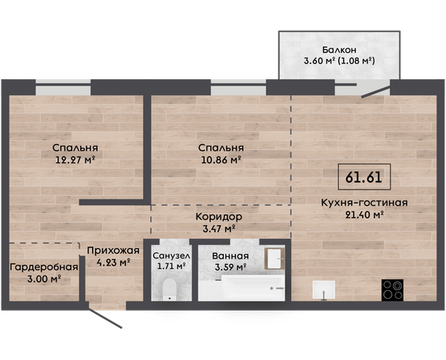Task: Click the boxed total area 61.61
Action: click(x=364, y=177)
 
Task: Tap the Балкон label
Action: click(x=339, y=50)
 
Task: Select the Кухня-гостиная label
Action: click(x=364, y=203)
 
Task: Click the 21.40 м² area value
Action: click(x=364, y=215)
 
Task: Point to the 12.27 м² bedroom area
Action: click(x=75, y=159)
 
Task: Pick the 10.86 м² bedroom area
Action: click(x=221, y=159)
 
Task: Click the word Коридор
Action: click(x=219, y=216)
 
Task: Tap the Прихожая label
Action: click(x=113, y=251)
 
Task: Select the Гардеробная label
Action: click(x=44, y=267)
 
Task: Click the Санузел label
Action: click(x=171, y=255)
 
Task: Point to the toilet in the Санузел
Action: click(x=170, y=289)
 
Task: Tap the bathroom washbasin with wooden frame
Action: click(x=275, y=259)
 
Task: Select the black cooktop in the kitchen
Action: click(x=393, y=289)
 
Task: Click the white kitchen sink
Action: click(x=324, y=289)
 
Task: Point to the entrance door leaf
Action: click(x=106, y=319)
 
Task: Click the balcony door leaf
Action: click(x=375, y=92)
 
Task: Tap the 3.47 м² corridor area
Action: click(x=219, y=228)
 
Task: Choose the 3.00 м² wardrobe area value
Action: click(x=44, y=279)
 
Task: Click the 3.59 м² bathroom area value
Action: click(x=230, y=267)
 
